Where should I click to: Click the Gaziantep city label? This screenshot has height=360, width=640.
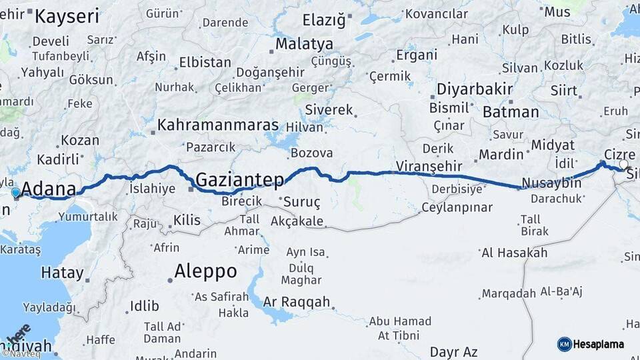click(x=240, y=179)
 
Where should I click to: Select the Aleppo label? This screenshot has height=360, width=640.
click(x=205, y=271)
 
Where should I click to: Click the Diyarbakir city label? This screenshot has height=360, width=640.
click(x=474, y=89)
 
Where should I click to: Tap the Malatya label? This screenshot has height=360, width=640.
click(x=305, y=44)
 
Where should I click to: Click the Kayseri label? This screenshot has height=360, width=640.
click(x=67, y=16)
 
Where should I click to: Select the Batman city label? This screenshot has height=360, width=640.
click(x=511, y=112)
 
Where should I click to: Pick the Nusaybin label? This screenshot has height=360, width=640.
click(x=551, y=183)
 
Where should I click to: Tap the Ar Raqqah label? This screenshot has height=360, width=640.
click(x=297, y=302)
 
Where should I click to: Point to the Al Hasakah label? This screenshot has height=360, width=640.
click(x=514, y=253)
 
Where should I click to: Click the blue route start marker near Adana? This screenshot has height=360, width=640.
click(x=16, y=193)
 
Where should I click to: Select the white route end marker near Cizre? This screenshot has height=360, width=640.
click(x=623, y=164)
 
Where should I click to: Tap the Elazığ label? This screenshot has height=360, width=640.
click(x=324, y=20)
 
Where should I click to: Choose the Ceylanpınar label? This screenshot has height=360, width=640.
click(x=457, y=207)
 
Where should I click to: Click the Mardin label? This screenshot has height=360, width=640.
click(x=501, y=155)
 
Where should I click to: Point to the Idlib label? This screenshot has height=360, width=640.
click(x=144, y=306)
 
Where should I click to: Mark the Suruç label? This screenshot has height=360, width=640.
click(x=302, y=201)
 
